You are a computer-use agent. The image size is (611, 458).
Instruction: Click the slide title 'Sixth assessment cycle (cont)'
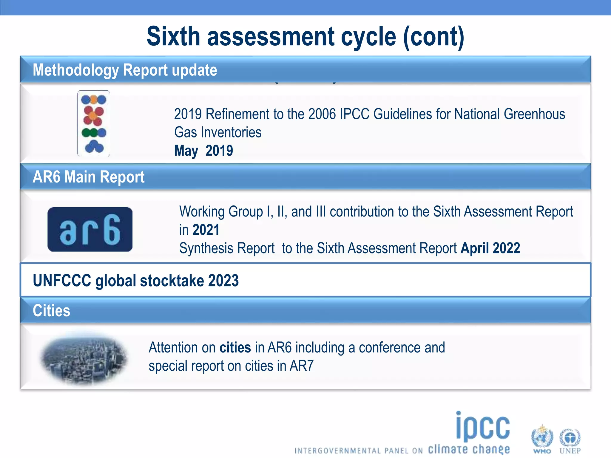point(305,36)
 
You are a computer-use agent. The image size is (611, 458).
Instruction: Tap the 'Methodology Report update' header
point(125,70)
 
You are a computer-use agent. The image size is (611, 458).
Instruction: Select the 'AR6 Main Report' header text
point(89,177)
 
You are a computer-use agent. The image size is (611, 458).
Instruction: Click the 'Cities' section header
point(51,311)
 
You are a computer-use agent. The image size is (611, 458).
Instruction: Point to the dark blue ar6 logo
point(90,229)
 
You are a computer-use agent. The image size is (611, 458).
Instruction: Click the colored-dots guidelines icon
point(94,123)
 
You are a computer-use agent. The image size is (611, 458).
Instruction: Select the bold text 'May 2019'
point(203,151)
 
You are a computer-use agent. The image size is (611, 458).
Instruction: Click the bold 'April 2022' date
point(490,248)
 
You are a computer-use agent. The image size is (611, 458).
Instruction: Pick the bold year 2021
point(206,230)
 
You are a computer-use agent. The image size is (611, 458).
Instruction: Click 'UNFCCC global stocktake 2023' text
point(136,281)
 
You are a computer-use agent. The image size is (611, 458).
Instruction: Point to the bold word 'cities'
point(235,348)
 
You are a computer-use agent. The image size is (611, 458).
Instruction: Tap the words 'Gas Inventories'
point(218,132)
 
